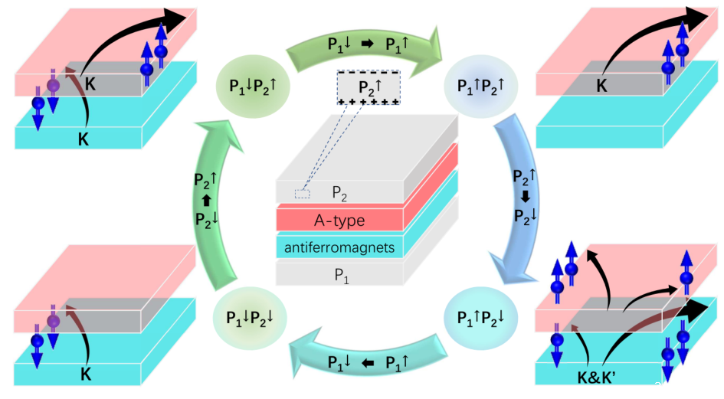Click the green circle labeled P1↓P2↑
253,86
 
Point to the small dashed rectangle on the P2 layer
303,194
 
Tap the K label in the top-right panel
602,86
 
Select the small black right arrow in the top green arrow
367,44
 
